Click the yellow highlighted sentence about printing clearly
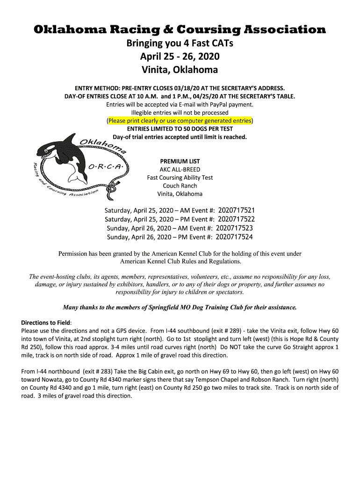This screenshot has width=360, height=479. pos(180,120)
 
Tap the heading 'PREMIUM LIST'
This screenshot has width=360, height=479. pos(180,161)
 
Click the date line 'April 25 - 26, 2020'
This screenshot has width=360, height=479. pos(180,57)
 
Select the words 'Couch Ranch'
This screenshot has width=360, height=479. pos(180,186)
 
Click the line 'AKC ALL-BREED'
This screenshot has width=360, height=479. pos(180,169)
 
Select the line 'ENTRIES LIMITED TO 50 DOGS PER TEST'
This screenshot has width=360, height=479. pos(180,129)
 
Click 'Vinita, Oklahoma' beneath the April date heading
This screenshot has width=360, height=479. pos(180,70)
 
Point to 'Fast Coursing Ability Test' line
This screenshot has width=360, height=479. pos(180,178)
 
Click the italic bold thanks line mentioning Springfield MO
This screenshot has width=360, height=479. pos(180,307)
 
